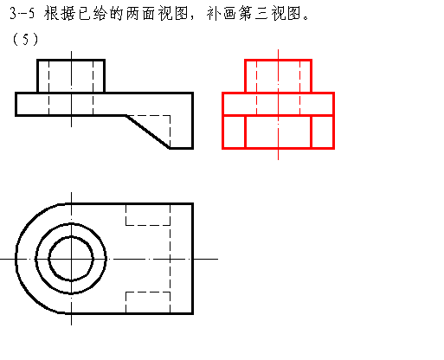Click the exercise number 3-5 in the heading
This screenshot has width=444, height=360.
(x=22, y=13)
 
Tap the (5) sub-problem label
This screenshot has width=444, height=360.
(x=25, y=39)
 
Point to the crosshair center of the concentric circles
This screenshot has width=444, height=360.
(x=71, y=259)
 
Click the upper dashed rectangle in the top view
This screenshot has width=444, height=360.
(x=148, y=215)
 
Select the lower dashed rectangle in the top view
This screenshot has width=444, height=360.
(x=148, y=302)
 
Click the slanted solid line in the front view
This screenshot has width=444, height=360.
(x=148, y=132)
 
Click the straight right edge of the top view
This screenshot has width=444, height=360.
(x=193, y=259)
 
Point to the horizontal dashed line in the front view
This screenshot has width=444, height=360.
(x=148, y=116)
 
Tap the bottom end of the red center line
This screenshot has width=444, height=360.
(x=278, y=159)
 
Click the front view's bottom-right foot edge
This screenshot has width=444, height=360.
(x=181, y=148)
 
